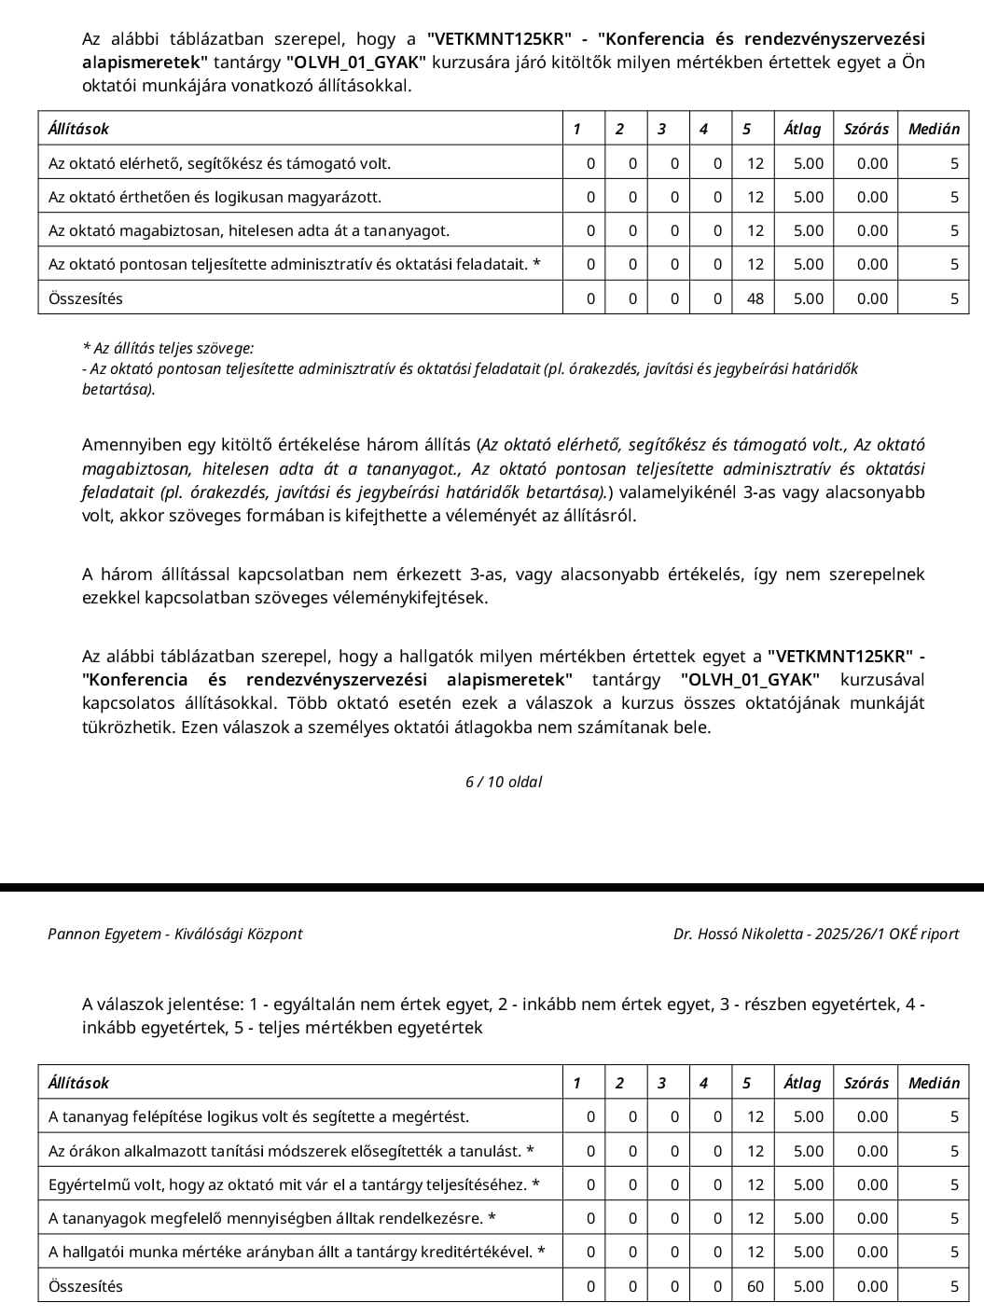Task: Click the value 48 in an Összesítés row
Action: pos(755,298)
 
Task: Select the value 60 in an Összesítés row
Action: pos(755,1286)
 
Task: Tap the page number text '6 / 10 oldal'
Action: pos(504,782)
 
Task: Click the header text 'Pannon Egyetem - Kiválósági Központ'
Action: pos(175,934)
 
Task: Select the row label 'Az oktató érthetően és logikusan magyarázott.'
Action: pos(215,197)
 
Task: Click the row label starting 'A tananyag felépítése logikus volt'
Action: pos(258,1116)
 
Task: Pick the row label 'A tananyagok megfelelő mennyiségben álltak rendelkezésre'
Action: pos(271,1218)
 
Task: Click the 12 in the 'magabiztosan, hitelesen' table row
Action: pos(755,230)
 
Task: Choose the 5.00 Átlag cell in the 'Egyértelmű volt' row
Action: pos(809,1184)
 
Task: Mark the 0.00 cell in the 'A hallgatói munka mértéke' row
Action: pos(872,1252)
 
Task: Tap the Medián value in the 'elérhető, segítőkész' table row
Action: pos(954,163)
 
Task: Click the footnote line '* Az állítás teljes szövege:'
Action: pos(168,348)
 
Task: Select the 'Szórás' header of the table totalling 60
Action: pos(866,1083)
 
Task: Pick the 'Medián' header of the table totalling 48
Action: pos(934,129)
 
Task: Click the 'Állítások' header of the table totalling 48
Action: pos(78,129)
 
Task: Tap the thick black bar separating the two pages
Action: pos(492,887)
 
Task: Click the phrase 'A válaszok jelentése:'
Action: pos(164,1004)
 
